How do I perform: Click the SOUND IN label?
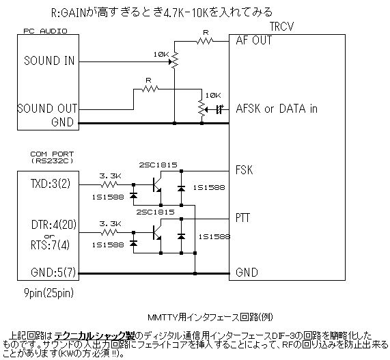click(49, 60)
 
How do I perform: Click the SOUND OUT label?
click(47, 107)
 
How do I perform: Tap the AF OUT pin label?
click(254, 40)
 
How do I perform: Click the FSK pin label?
click(244, 170)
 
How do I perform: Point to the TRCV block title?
click(282, 25)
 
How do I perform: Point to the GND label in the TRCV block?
click(245, 272)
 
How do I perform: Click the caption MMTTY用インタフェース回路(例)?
click(198, 317)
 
